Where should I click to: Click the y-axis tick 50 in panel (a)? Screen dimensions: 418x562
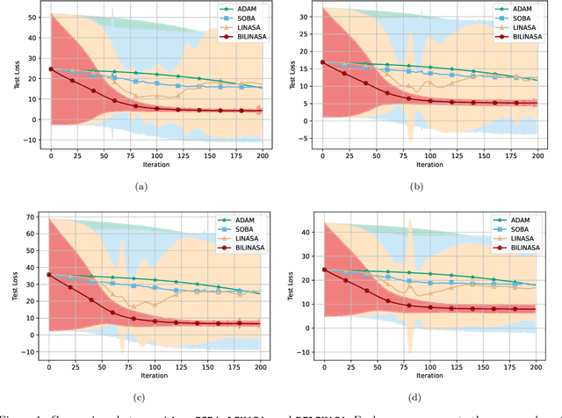[x=33, y=17]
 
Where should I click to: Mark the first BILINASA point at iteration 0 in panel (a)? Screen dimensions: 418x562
[x=51, y=68]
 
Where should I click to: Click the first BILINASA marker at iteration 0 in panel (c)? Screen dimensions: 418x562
[x=49, y=274]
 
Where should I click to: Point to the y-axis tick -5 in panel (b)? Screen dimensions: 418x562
[x=305, y=139]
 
